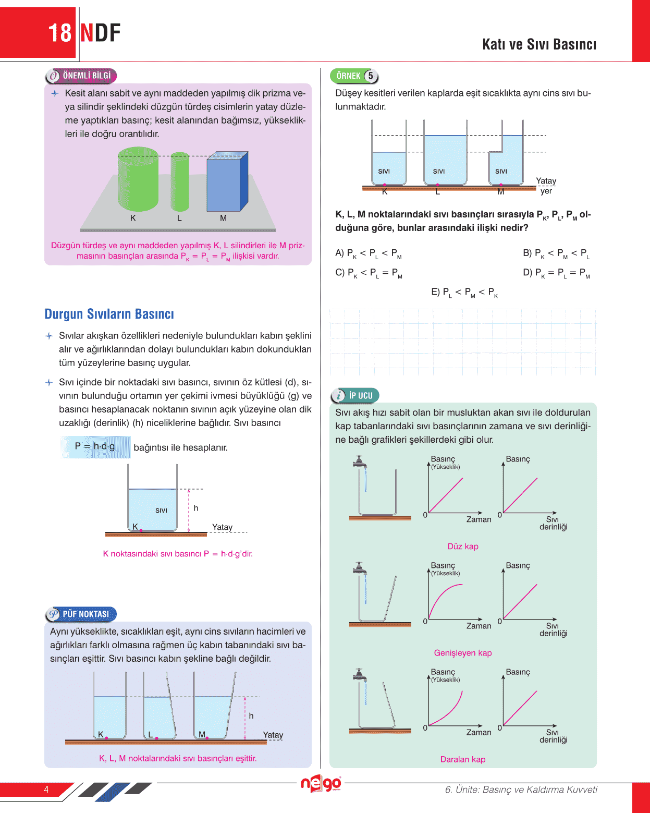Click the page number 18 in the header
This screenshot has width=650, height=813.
(59, 33)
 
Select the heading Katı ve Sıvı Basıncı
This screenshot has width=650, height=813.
(539, 44)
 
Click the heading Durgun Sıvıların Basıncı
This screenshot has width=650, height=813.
(109, 314)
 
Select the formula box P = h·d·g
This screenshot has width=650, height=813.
(95, 447)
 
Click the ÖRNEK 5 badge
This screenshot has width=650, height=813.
(354, 76)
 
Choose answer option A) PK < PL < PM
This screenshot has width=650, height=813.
(368, 253)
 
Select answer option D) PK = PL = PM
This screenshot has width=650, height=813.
(556, 273)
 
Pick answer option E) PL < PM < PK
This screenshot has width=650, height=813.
(464, 293)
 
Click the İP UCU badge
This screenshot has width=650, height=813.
(355, 395)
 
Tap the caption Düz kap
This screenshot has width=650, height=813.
(462, 547)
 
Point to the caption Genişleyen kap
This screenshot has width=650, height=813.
(462, 653)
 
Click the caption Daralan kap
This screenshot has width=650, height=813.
(462, 759)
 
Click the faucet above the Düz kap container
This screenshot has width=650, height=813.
(359, 462)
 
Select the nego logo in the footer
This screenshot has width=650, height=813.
(321, 784)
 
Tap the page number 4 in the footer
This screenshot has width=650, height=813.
(46, 790)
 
